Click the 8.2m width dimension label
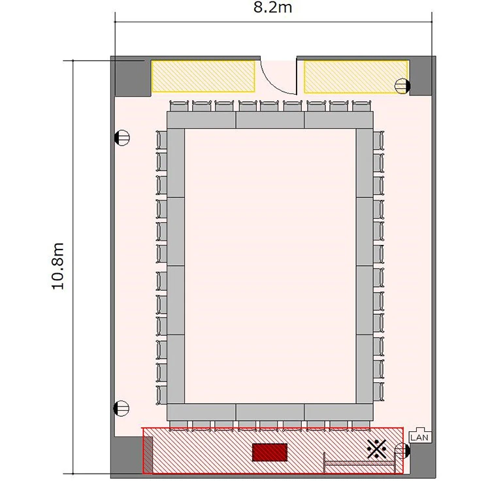tap(273, 7)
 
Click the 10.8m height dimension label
tap(58, 267)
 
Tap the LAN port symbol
tap(420, 435)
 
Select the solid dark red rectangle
tap(270, 452)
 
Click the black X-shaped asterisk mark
tap(377, 449)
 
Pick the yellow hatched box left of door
tap(203, 76)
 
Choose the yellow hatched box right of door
tap(356, 77)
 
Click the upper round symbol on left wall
tap(122, 137)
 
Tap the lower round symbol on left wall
tap(122, 408)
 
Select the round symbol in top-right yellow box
tap(402, 86)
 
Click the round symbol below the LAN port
tap(402, 451)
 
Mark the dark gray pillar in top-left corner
tap(133, 78)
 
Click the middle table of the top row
tap(270, 120)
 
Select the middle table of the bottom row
tap(270, 412)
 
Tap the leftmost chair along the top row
tap(179, 106)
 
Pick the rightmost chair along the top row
tap(361, 106)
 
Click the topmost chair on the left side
tap(161, 140)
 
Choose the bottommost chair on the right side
tap(378, 392)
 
